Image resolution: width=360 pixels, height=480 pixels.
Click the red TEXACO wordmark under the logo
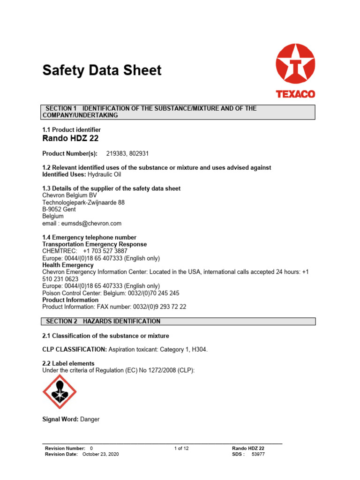[295, 94]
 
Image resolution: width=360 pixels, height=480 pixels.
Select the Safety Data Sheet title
[102, 70]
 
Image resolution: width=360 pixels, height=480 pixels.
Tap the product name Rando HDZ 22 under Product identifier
[70, 138]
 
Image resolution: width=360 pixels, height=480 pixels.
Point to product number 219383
[116, 153]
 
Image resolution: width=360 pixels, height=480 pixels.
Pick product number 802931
[139, 153]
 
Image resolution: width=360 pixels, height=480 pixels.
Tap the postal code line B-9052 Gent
[59, 210]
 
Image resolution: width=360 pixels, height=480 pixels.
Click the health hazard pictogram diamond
[60, 391]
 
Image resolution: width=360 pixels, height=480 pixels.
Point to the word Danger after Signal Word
[90, 420]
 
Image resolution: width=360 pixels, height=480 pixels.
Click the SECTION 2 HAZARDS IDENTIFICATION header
[103, 321]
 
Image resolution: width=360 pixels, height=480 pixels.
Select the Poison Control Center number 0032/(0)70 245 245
[146, 293]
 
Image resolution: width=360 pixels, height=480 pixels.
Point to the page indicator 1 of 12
[181, 449]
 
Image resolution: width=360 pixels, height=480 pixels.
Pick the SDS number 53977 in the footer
[258, 454]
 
